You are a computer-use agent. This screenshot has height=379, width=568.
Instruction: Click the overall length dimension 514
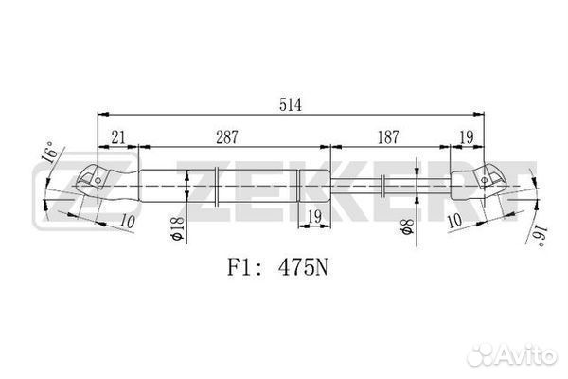click(x=291, y=105)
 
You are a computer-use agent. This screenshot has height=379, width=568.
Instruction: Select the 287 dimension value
click(x=227, y=137)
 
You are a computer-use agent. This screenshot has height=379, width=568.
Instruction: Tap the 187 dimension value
click(x=388, y=137)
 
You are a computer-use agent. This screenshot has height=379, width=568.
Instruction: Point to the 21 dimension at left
click(x=118, y=137)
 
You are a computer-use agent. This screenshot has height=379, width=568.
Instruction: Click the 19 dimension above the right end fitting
click(x=467, y=137)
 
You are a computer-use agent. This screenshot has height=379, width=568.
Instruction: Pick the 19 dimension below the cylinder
click(x=315, y=217)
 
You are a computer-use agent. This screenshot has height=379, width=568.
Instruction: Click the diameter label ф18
click(x=178, y=228)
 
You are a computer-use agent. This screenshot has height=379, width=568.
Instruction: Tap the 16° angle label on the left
click(x=49, y=152)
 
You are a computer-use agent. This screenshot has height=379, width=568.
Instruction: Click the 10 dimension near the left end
click(x=128, y=221)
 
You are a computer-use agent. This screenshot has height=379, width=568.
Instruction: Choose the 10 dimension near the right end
click(x=454, y=220)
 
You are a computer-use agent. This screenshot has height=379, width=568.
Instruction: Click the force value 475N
click(x=303, y=268)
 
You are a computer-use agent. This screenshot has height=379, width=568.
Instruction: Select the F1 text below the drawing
click(x=240, y=268)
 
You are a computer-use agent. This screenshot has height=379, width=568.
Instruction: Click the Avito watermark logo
click(x=511, y=354)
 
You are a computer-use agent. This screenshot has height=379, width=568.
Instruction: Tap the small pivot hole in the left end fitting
click(x=98, y=180)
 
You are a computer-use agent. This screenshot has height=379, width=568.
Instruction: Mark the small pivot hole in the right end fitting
click(x=485, y=180)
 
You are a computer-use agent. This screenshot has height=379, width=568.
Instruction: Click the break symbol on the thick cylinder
click(x=216, y=187)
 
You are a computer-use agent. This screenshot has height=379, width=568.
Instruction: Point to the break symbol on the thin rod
click(x=382, y=186)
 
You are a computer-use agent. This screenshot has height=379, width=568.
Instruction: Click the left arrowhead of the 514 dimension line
click(x=103, y=115)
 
